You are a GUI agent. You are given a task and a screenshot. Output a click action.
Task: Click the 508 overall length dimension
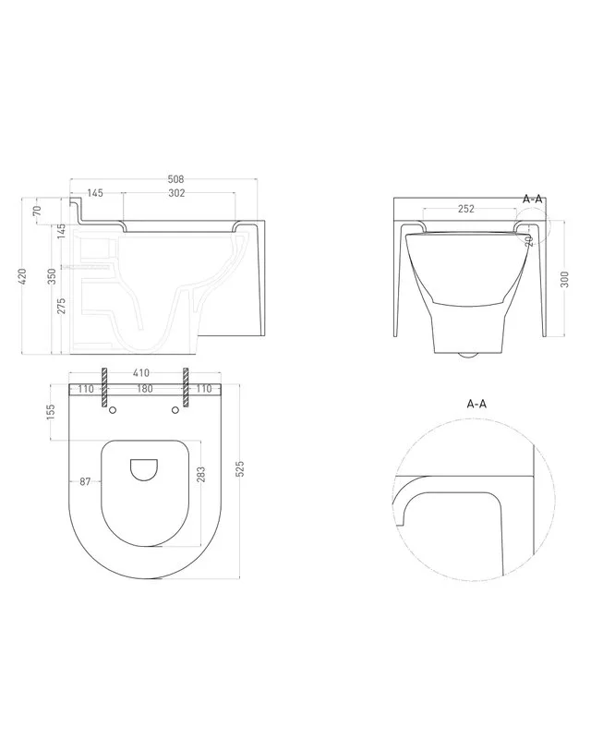click(175, 179)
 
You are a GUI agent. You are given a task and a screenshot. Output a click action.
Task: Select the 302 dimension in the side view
click(176, 193)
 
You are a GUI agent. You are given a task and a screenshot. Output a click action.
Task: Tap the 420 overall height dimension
click(22, 276)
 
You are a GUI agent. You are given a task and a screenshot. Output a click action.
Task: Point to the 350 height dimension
click(53, 276)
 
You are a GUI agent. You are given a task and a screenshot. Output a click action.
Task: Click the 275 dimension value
click(62, 306)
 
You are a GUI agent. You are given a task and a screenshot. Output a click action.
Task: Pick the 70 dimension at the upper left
click(38, 211)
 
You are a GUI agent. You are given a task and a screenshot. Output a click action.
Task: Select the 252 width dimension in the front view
click(466, 209)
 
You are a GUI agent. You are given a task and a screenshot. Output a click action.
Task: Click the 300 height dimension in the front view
click(565, 279)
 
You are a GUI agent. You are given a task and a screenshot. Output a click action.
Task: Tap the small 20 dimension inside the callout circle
click(529, 240)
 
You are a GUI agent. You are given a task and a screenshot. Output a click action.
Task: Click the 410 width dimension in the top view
click(141, 373)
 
